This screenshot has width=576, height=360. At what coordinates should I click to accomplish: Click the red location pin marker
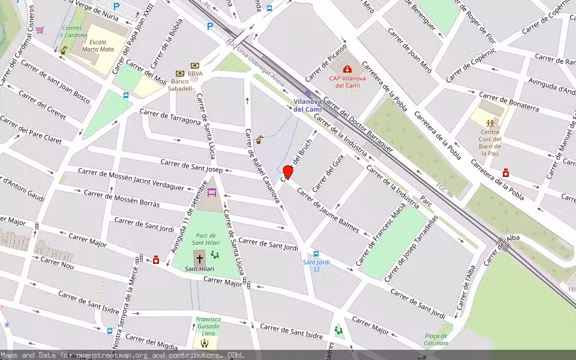click(288, 173)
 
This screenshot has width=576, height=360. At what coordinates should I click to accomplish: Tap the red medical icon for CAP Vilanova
click(347, 69)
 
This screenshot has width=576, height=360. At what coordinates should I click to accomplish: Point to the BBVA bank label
click(194, 74)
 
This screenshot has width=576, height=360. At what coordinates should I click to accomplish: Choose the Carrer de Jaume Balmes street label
click(328, 211)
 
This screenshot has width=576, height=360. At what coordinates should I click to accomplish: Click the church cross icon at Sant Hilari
click(200, 259)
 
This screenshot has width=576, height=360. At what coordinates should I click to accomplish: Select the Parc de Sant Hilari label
click(203, 239)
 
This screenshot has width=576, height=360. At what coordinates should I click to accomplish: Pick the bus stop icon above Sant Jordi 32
click(316, 253)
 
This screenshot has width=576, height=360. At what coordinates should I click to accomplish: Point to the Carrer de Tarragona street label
click(170, 117)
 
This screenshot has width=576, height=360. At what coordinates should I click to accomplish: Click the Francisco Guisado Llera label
click(208, 326)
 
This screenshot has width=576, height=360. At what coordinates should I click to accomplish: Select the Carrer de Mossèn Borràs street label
click(122, 199)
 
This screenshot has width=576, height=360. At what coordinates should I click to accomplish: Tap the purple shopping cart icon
click(40, 29)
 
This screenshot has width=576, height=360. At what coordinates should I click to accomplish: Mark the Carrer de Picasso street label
click(326, 62)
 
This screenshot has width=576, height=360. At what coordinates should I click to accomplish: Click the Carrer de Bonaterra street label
click(508, 103)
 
